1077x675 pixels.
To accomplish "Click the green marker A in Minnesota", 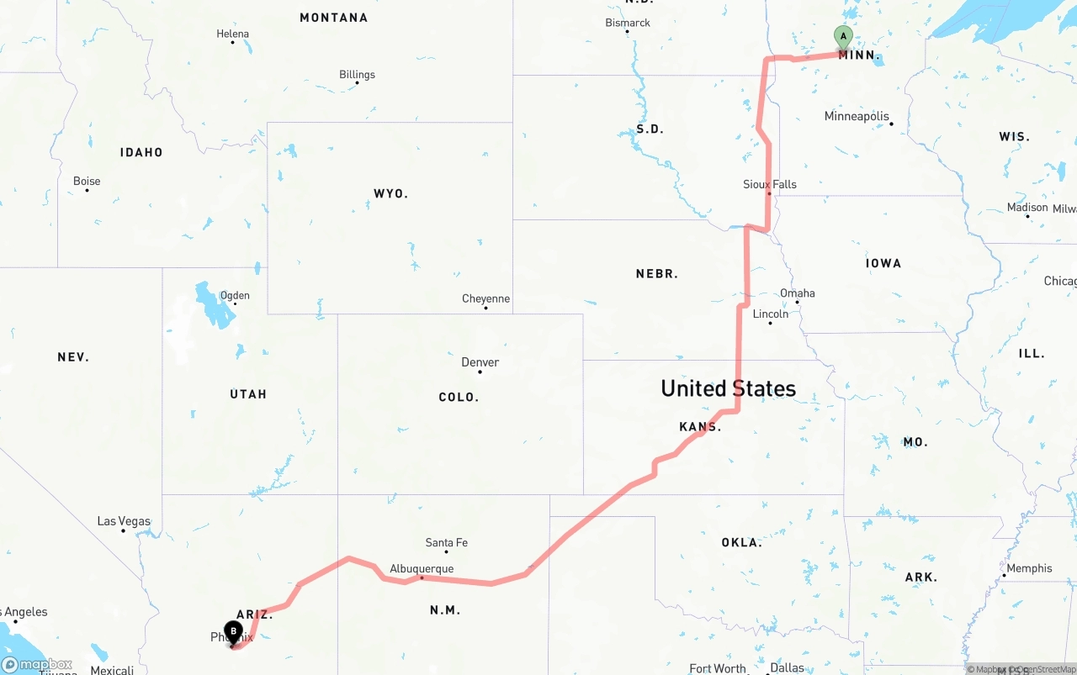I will coord(843,36).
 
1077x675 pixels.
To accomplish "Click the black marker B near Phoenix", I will coord(233,630).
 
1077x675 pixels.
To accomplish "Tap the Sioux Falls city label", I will coord(769,184).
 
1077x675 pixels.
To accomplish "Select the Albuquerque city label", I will coord(422,569).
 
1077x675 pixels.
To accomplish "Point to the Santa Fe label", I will coord(446,543).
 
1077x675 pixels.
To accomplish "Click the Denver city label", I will coord(480,362).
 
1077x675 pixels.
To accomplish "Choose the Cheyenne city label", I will coord(485,298).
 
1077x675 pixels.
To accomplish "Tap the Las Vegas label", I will coord(124,521).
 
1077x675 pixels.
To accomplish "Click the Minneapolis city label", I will coord(856,116).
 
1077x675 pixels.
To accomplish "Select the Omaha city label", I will coord(797,293).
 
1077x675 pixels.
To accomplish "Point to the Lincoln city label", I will coord(770,314).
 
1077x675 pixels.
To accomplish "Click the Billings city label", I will coord(357,75).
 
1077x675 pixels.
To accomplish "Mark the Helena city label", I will coord(232,34).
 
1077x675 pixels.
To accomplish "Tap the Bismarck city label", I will coord(628,23).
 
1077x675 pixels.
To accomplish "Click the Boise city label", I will coord(87,181).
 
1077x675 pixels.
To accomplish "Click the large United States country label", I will coord(728,388).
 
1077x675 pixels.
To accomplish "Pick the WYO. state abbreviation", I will coord(390,193).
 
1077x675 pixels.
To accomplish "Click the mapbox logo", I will coord(37,664).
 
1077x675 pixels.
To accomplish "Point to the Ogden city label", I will coord(234,295).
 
